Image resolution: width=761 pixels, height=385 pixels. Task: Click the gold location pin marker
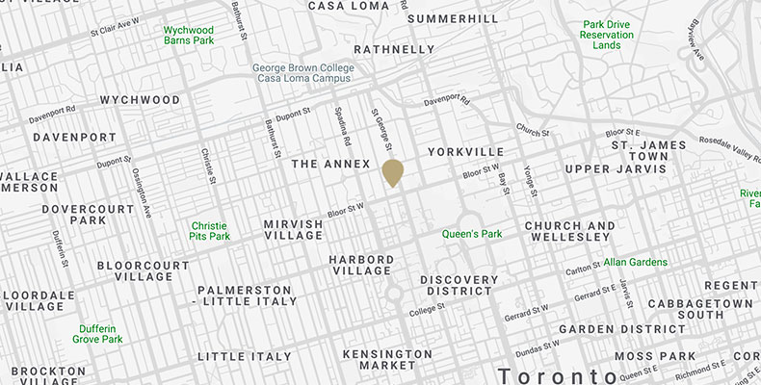[393, 171]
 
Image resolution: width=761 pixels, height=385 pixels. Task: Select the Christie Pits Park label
[210, 230]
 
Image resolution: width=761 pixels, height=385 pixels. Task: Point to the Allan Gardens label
[636, 262]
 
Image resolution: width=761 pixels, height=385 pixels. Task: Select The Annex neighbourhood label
[330, 165]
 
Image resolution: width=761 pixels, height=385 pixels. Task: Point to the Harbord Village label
[361, 265]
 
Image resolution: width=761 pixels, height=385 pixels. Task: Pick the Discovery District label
[459, 285]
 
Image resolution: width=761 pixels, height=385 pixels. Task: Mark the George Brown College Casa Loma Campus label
[303, 74]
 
